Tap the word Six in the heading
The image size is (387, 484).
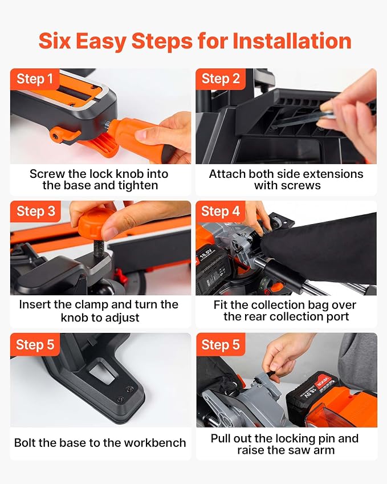55,41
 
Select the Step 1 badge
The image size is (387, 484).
35,79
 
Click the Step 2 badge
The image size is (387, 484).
221,79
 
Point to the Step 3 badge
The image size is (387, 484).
35,212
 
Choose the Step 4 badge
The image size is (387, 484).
221,212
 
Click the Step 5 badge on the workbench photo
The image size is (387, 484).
35,344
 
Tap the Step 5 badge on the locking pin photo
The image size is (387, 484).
221,344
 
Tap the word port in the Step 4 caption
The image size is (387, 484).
337,317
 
